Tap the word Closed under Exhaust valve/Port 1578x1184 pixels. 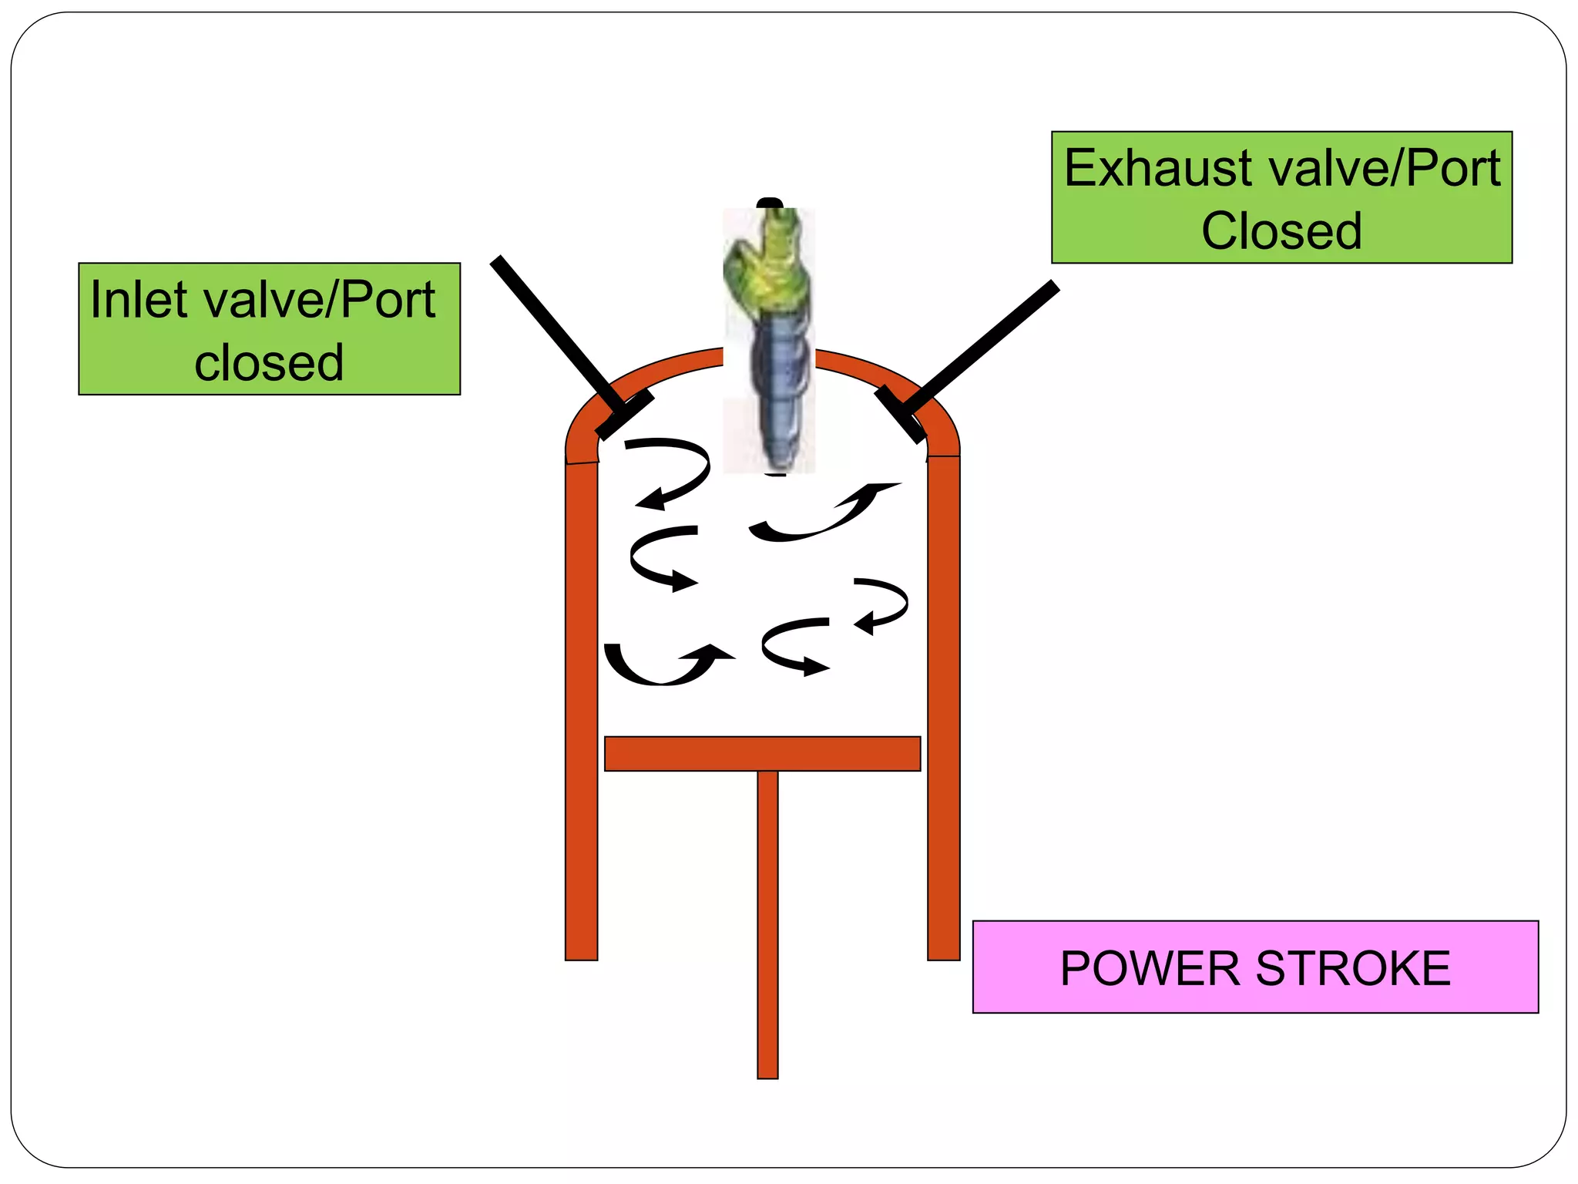pyautogui.click(x=1281, y=231)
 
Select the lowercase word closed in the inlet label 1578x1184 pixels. pyautogui.click(x=269, y=363)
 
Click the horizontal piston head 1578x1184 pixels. pyautogui.click(x=762, y=754)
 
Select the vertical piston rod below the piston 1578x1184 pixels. pyautogui.click(x=767, y=925)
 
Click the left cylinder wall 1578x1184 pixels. pyautogui.click(x=582, y=709)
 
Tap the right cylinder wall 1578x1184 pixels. pyautogui.click(x=943, y=709)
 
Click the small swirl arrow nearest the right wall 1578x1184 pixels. pyautogui.click(x=886, y=605)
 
